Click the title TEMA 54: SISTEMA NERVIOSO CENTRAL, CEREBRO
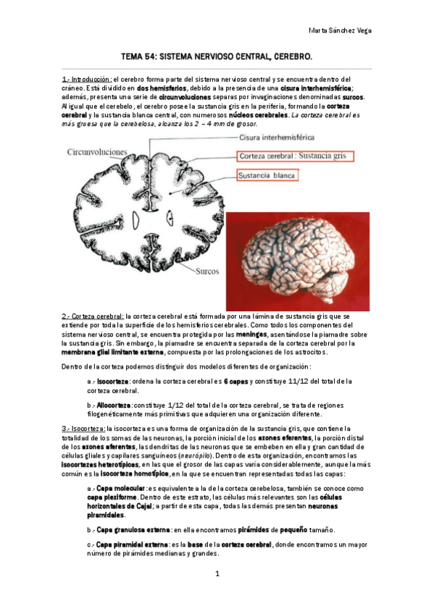[x=217, y=56]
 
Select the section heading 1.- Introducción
[x=86, y=79]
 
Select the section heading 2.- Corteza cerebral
[x=93, y=316]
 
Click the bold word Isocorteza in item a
[x=114, y=381]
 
